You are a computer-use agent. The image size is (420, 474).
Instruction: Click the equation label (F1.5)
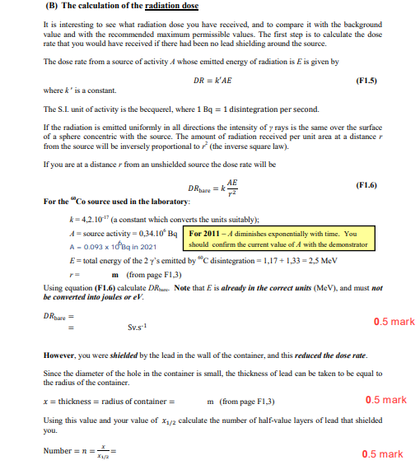(x=365, y=81)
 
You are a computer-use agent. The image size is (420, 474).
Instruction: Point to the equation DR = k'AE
(x=210, y=81)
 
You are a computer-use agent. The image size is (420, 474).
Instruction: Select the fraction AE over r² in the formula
(x=232, y=188)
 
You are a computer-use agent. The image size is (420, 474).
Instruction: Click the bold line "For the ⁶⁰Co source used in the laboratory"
(x=115, y=202)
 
